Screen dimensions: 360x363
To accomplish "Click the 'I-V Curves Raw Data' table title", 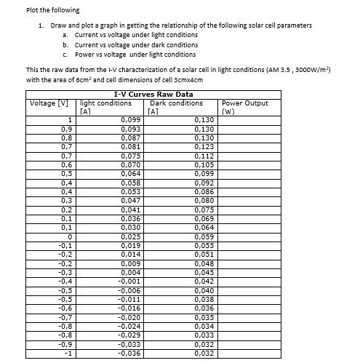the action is [153, 94].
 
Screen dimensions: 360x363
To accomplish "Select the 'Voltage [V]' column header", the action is [48, 103].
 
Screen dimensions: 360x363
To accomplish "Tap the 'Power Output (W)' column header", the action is [244, 107].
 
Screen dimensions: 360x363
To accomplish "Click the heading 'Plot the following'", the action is [52, 10].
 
